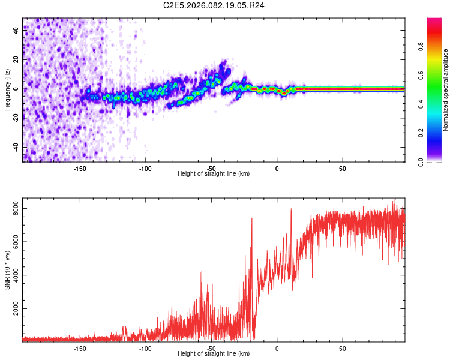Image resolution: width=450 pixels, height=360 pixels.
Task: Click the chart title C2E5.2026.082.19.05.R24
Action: pos(214,5)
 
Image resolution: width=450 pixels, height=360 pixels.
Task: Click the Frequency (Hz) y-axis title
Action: pos(7,90)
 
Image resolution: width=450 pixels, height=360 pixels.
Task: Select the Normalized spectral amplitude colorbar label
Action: pos(446,90)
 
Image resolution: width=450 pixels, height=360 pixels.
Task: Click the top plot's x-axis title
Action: pos(214,173)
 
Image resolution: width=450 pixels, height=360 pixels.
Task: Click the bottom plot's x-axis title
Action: pos(214,353)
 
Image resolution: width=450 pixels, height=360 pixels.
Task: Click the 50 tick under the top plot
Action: pos(342,168)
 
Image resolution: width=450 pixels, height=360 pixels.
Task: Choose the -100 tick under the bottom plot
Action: pos(145,348)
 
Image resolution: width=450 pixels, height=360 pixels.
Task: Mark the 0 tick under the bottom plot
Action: pos(277,348)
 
